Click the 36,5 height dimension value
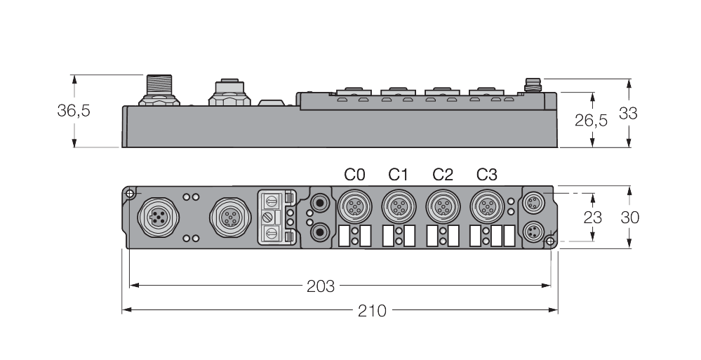point(74,111)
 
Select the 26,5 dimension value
point(591,120)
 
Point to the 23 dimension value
point(592,217)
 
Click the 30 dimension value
point(629,217)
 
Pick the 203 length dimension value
point(320,286)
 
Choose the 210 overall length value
point(372,310)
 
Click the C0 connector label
point(354,173)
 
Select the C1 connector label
point(399,173)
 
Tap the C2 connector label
point(443,173)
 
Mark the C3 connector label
point(487,173)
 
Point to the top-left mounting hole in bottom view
point(129,193)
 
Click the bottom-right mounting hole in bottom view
point(550,242)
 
